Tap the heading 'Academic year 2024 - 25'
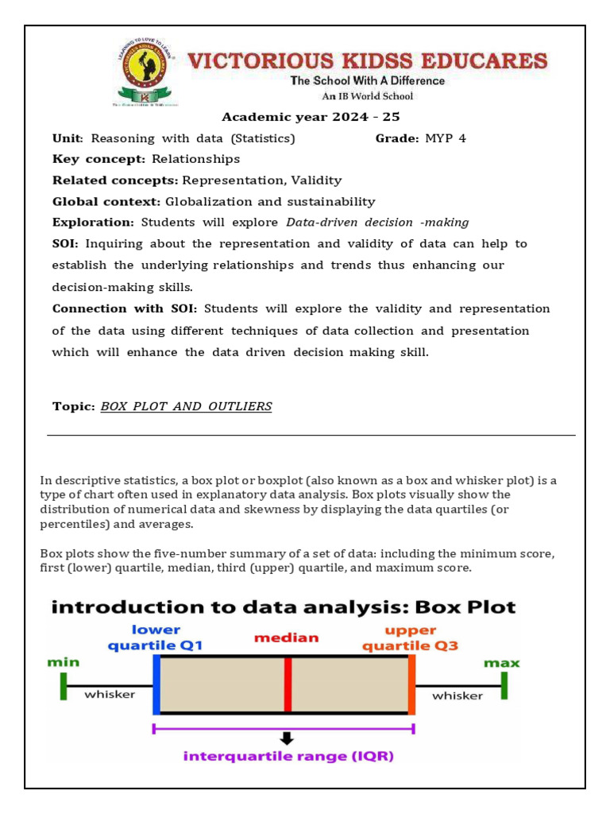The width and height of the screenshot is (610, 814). pyautogui.click(x=311, y=117)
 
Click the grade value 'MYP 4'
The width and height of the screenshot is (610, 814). pyautogui.click(x=446, y=138)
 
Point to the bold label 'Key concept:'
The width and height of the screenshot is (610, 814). pyautogui.click(x=99, y=159)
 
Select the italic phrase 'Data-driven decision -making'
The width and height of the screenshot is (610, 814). pyautogui.click(x=377, y=223)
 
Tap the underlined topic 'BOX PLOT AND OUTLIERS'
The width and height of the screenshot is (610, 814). pyautogui.click(x=186, y=406)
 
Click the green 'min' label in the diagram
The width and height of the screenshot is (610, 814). pyautogui.click(x=64, y=661)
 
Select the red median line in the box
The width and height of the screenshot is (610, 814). pyautogui.click(x=288, y=684)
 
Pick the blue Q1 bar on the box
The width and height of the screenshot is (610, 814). pyautogui.click(x=156, y=684)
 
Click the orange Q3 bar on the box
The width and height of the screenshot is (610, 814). pyautogui.click(x=411, y=684)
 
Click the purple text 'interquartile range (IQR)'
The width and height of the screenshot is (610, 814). pyautogui.click(x=288, y=756)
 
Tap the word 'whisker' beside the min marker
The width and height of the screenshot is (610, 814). pyautogui.click(x=110, y=694)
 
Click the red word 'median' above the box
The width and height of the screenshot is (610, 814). pyautogui.click(x=287, y=638)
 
